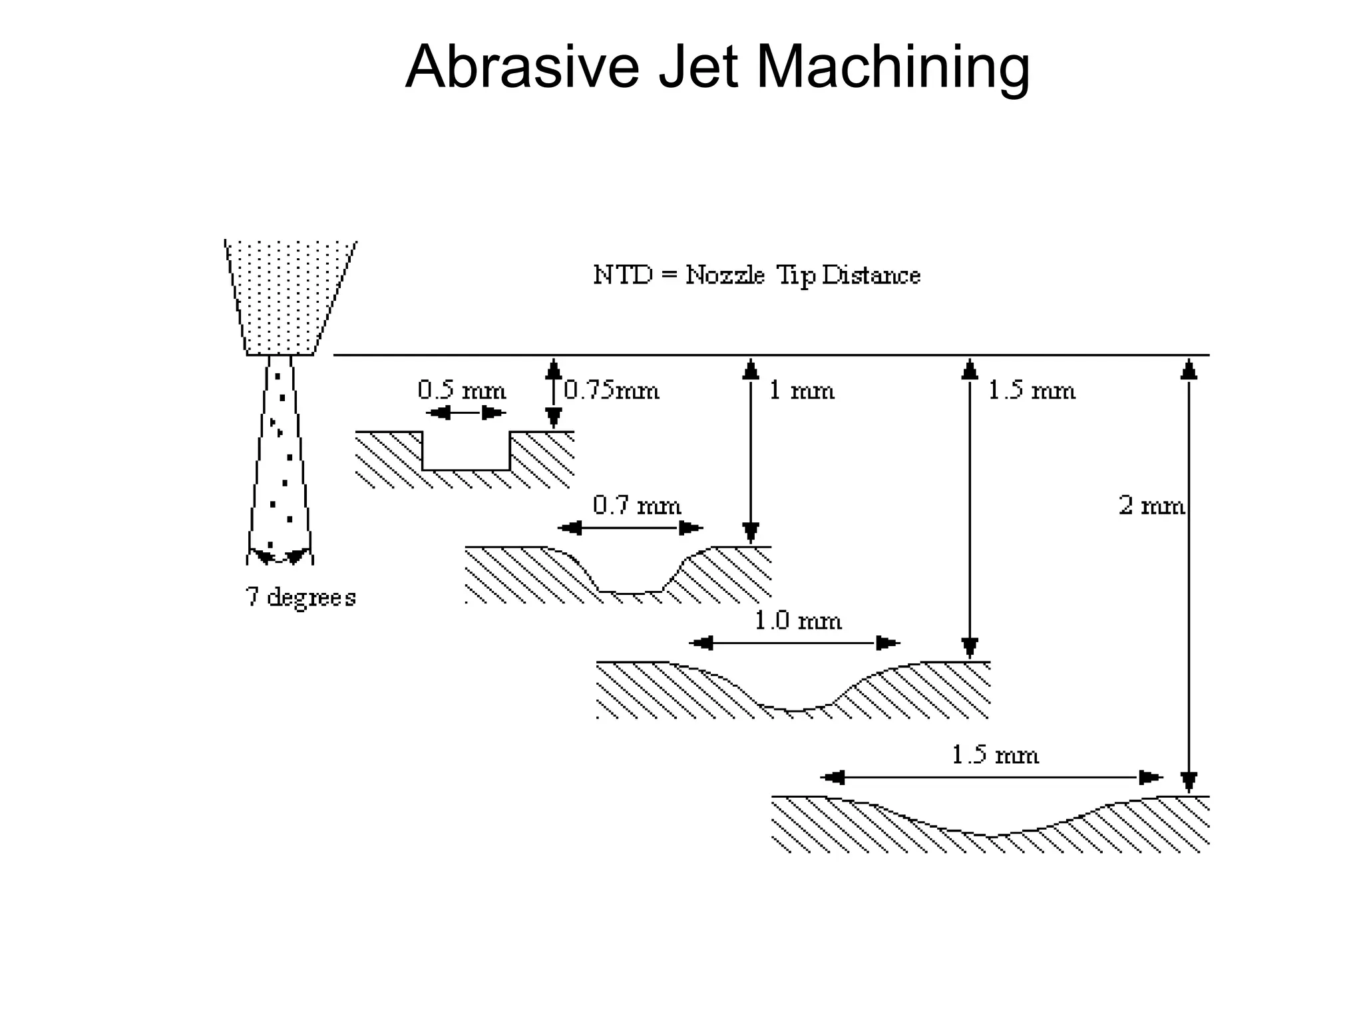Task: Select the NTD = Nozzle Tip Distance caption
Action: click(x=757, y=275)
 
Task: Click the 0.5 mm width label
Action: click(x=462, y=390)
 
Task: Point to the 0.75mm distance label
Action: click(x=612, y=390)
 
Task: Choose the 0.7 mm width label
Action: click(x=637, y=506)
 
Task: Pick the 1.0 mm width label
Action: click(x=797, y=621)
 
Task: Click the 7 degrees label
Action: click(x=301, y=597)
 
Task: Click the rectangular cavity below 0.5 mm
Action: click(x=466, y=451)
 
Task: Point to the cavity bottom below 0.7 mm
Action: click(x=631, y=591)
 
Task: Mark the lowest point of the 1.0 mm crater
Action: click(x=795, y=711)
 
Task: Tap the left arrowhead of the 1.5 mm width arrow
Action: click(x=833, y=777)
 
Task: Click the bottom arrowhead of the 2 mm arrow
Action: click(x=1189, y=781)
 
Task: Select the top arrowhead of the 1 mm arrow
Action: click(x=751, y=369)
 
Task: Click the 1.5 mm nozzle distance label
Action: click(x=1032, y=390)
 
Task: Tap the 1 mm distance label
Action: click(x=801, y=390)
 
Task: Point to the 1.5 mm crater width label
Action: click(x=995, y=755)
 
